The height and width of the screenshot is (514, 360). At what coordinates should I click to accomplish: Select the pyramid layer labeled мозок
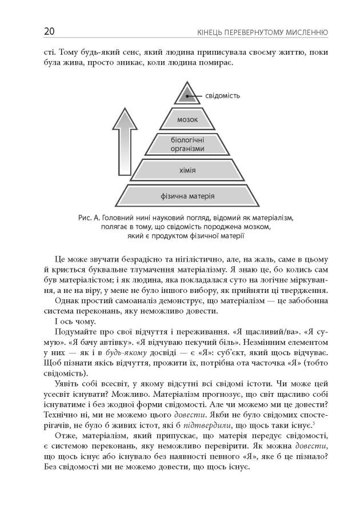[187, 120]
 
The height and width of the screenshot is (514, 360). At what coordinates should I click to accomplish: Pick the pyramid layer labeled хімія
[187, 170]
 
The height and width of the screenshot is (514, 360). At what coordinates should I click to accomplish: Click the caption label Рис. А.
[87, 218]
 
